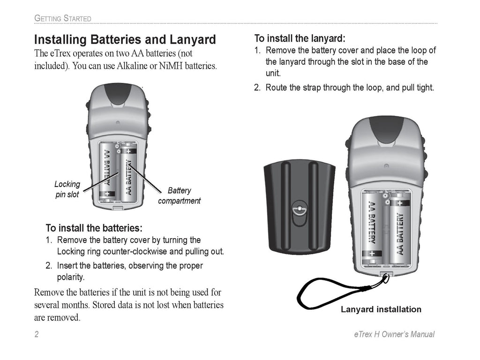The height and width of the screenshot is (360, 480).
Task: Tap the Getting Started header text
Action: pyautogui.click(x=63, y=19)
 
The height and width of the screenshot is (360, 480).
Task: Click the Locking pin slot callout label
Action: pyautogui.click(x=67, y=189)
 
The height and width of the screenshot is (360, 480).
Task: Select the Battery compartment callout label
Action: pyautogui.click(x=179, y=196)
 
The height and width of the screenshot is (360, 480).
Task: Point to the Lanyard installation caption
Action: pyautogui.click(x=381, y=309)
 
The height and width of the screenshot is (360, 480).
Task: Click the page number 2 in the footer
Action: pyautogui.click(x=36, y=334)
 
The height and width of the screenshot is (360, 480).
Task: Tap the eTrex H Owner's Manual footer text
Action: pyautogui.click(x=393, y=334)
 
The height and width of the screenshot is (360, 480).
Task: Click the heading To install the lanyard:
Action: pyautogui.click(x=300, y=38)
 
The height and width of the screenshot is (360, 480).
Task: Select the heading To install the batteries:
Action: pyautogui.click(x=94, y=228)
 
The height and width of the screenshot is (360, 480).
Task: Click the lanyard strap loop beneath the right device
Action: pyautogui.click(x=328, y=295)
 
